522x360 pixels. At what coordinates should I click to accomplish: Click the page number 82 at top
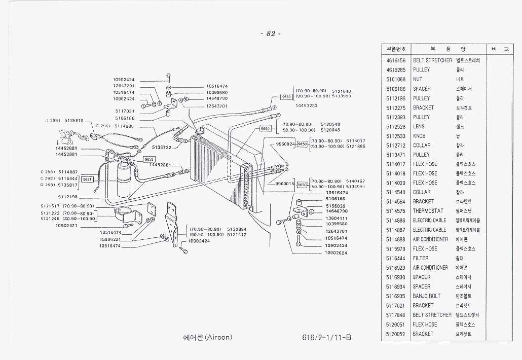click(270, 34)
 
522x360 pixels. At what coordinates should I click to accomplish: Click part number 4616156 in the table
click(396, 60)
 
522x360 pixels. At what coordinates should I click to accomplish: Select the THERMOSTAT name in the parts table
click(428, 211)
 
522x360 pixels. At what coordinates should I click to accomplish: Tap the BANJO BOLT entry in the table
click(426, 296)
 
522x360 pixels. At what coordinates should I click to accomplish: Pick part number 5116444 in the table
click(396, 258)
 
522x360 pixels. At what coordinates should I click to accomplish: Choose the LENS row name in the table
click(419, 127)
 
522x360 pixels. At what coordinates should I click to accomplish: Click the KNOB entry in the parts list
click(419, 136)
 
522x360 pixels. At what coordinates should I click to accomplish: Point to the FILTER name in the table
click(420, 258)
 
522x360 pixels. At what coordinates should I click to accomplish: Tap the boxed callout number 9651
click(87, 179)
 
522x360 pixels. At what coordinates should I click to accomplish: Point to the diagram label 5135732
click(162, 148)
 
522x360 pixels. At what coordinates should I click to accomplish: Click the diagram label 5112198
click(67, 197)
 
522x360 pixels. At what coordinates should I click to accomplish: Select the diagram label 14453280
click(306, 105)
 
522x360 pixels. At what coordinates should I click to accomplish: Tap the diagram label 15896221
click(110, 239)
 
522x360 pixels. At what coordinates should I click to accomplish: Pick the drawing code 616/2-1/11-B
click(325, 338)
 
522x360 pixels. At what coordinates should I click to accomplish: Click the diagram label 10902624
click(336, 253)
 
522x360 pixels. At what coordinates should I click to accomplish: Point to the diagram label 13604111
click(336, 218)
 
